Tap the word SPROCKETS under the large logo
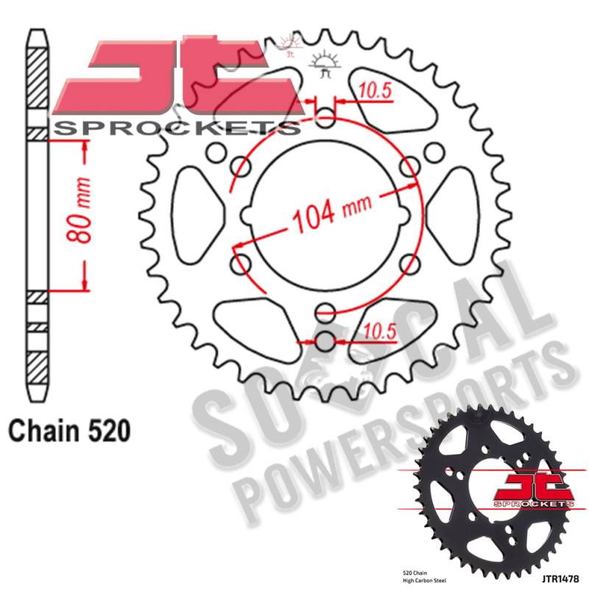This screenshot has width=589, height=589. coord(177,129)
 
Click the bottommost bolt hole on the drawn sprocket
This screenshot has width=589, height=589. coord(325,341)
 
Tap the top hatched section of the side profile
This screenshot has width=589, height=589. coord(38,81)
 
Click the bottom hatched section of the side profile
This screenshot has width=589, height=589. coord(38,366)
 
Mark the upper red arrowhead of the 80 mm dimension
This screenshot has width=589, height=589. coord(86,147)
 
